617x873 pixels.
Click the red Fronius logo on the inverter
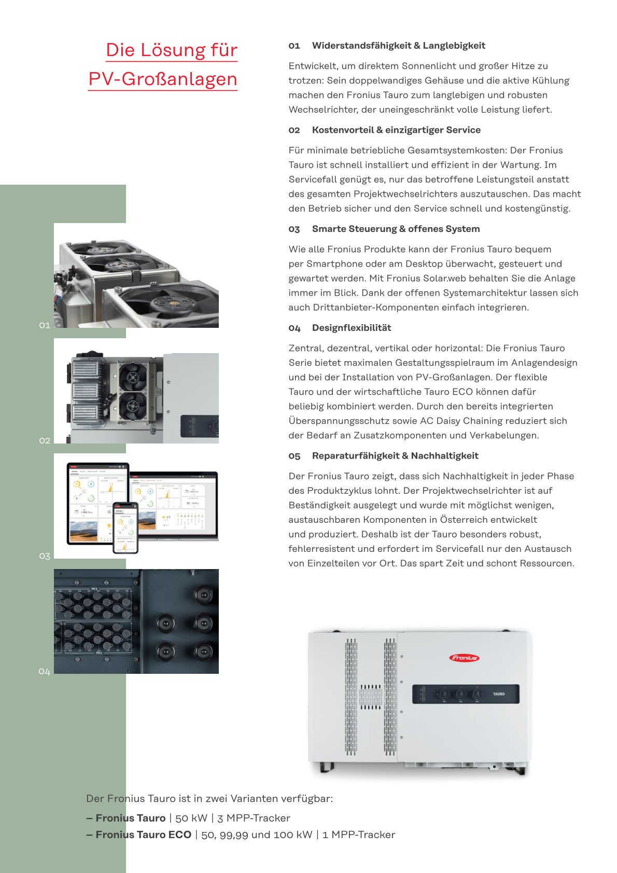coord(464,658)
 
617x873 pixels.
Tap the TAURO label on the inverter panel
coord(499,694)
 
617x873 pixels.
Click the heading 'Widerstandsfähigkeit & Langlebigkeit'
coord(398,46)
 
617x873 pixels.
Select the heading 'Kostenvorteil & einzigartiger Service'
coord(396,130)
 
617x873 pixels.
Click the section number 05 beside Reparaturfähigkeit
coord(295,456)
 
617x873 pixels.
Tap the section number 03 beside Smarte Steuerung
coord(295,229)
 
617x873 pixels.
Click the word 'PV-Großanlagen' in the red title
coord(163,79)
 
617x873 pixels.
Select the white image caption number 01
coord(45,325)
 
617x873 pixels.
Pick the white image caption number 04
coord(45,672)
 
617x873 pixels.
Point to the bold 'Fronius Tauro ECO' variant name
coord(143,835)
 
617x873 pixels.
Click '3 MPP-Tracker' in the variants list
coord(254,818)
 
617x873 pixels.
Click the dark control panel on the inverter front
coord(466,694)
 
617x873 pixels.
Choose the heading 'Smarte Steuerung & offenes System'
coord(396,229)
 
